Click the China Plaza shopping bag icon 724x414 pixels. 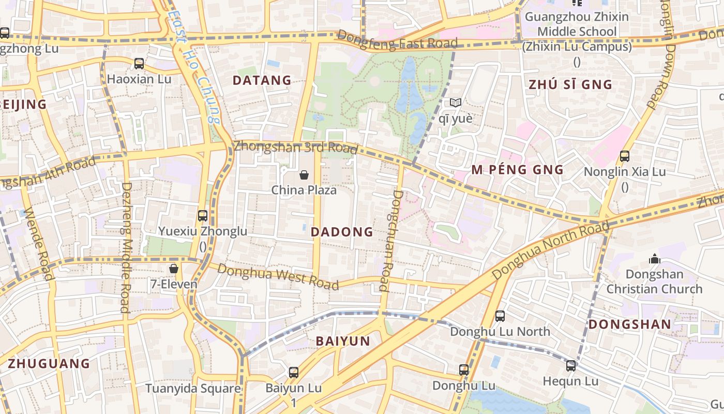304,175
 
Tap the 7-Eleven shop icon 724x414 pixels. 174,269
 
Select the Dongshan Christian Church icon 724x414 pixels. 654,259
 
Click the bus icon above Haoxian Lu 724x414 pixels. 139,64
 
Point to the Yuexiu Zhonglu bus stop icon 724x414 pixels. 203,216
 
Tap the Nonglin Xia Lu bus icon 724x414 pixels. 624,156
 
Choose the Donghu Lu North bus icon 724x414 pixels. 500,316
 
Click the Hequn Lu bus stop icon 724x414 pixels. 570,366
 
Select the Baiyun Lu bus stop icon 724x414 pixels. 294,372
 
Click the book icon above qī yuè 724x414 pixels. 455,103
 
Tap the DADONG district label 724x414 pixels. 342,232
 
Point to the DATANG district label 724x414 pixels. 262,80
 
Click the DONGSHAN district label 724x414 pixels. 630,324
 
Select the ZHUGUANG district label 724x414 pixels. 49,363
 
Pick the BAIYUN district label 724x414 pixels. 343,341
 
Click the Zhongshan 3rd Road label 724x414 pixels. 295,147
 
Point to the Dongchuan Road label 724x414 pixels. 390,241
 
